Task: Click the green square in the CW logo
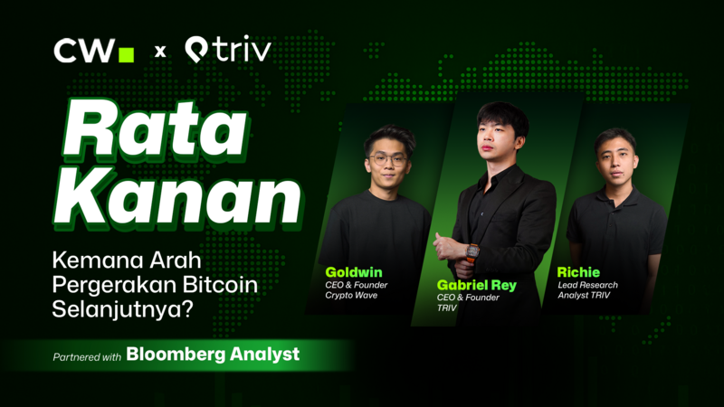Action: pos(127,54)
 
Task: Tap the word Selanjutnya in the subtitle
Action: pos(111,310)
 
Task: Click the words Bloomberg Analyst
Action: pos(213,355)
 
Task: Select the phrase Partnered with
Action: pos(87,356)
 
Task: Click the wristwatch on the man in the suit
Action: pos(472,251)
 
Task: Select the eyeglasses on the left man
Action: pos(388,158)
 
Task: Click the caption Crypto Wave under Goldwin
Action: pos(352,295)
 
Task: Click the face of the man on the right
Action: pos(615,154)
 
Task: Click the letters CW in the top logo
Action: pos(83,52)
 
